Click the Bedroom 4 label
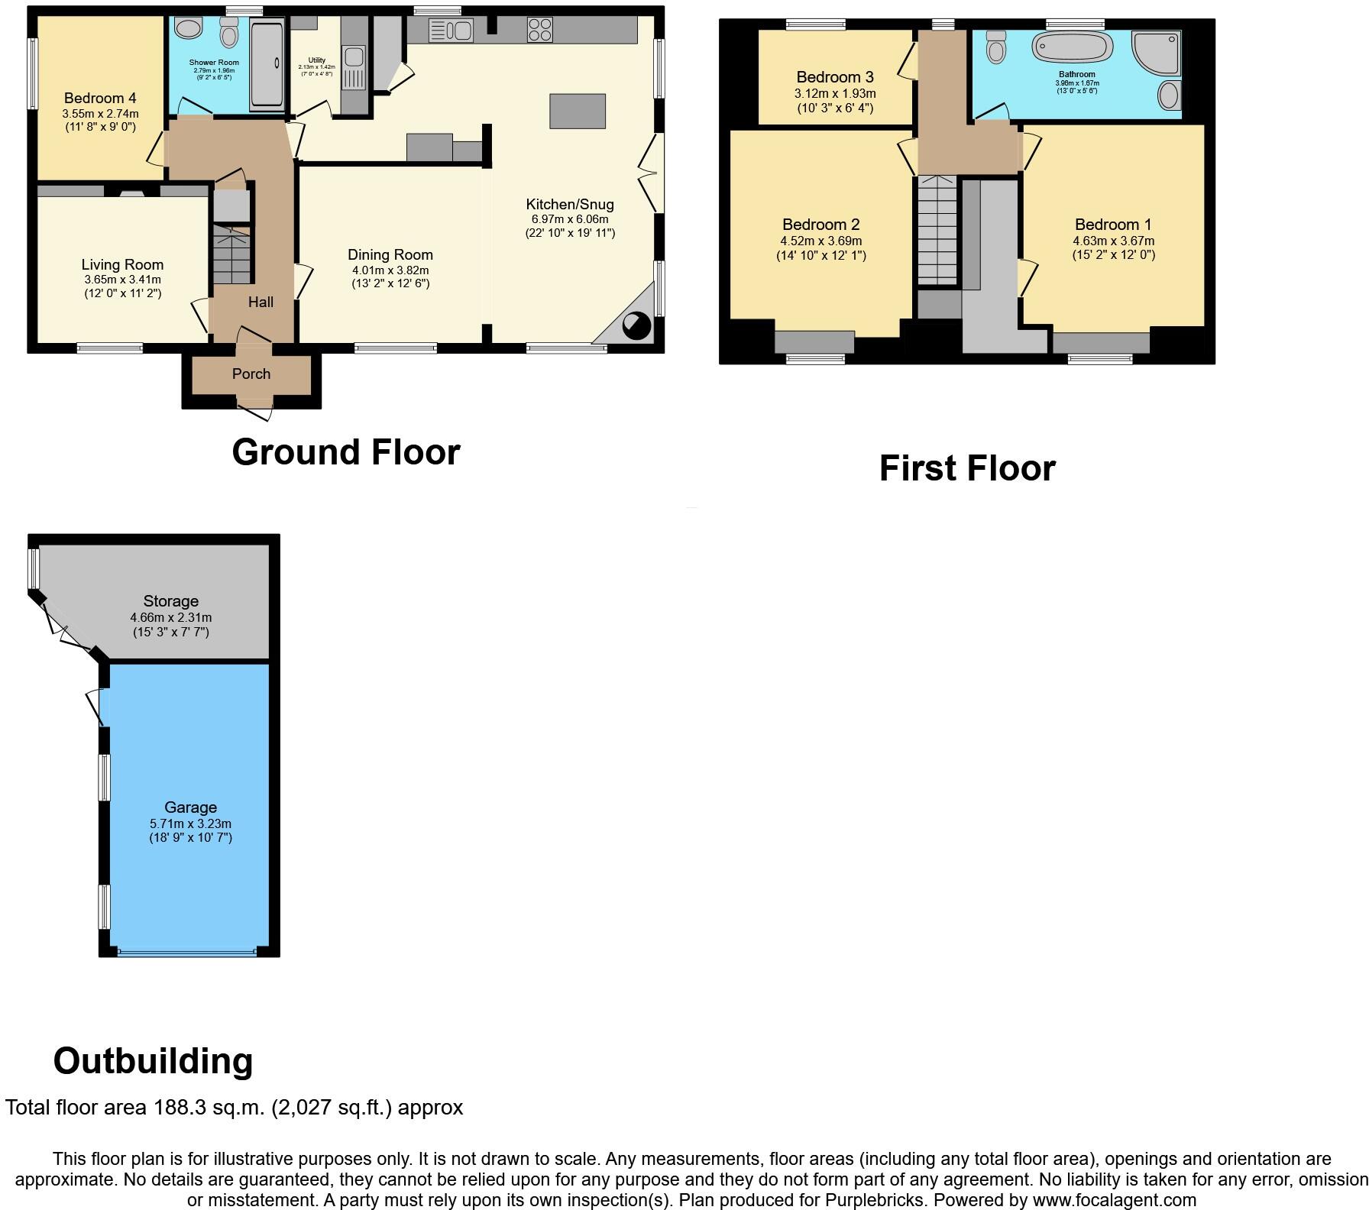click(100, 98)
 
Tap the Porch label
click(251, 374)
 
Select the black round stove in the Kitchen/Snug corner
click(636, 326)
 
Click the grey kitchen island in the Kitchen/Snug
click(578, 111)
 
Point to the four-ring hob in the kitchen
click(539, 31)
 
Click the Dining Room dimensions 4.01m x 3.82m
click(390, 270)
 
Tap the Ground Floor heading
click(345, 451)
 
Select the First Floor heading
click(966, 468)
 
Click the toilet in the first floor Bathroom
click(997, 47)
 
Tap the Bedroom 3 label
click(834, 77)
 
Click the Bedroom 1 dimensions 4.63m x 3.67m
click(1113, 241)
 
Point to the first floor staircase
click(937, 229)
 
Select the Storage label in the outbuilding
click(170, 601)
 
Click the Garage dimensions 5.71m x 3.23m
click(190, 823)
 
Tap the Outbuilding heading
click(153, 1061)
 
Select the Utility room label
click(316, 60)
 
